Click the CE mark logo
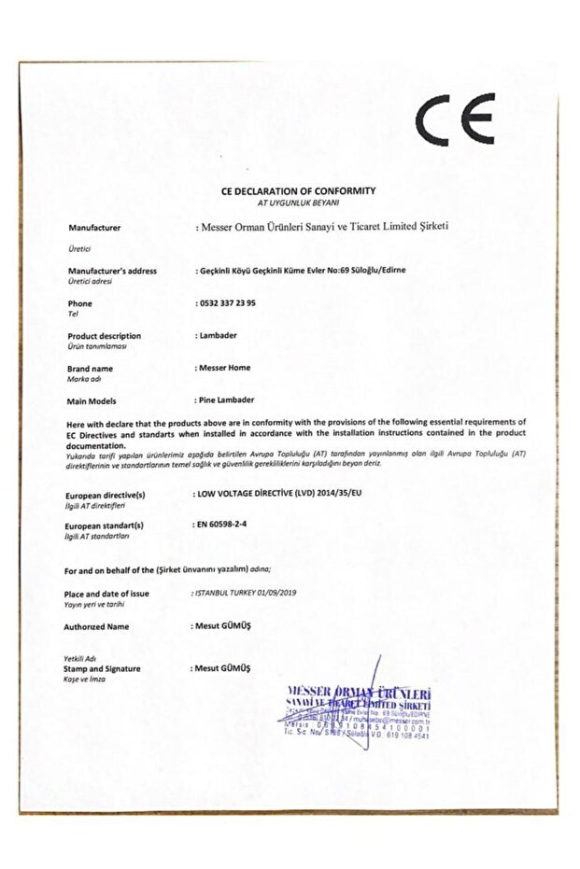tap(456, 119)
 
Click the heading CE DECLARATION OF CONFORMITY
tap(298, 190)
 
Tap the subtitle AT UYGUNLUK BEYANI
tap(298, 202)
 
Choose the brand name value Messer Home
tap(225, 368)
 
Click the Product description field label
tap(105, 336)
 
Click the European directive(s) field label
tap(106, 494)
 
